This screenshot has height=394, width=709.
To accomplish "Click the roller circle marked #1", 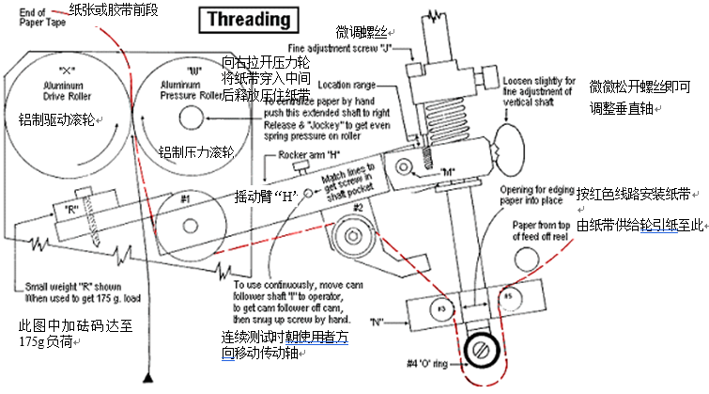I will [x=185, y=199].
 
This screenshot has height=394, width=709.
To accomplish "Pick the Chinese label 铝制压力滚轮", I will [x=195, y=150].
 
